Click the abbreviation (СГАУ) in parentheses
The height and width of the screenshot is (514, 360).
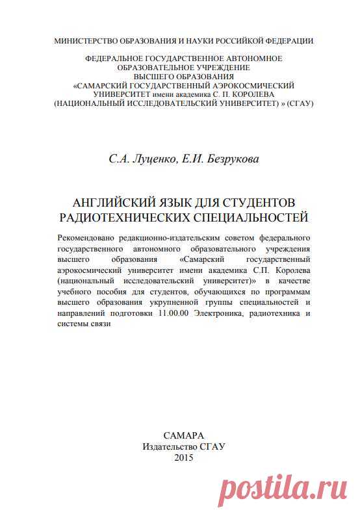(x=299, y=103)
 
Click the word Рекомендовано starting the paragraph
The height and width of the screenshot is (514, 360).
(x=94, y=238)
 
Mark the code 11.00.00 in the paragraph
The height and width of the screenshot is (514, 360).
(x=172, y=314)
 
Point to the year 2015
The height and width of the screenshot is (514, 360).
(x=184, y=457)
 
